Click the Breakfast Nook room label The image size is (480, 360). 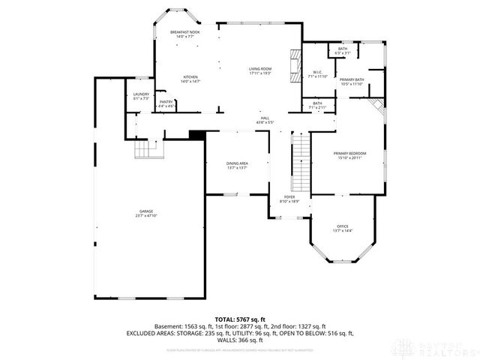click(184, 32)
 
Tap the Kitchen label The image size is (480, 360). click(191, 78)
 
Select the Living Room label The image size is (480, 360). click(260, 70)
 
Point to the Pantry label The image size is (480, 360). click(166, 102)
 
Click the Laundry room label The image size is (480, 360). click(141, 94)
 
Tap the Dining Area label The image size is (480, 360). click(237, 164)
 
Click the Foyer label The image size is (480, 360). click(289, 198)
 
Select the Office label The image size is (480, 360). click(343, 226)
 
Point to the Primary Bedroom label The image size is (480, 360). click(350, 154)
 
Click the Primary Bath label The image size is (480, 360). click(351, 80)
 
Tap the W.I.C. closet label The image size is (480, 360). click(317, 73)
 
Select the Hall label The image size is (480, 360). click(265, 118)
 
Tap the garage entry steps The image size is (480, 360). click(148, 151)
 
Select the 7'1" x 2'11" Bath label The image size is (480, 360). click(317, 105)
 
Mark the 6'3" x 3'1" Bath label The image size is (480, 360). click(343, 50)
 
